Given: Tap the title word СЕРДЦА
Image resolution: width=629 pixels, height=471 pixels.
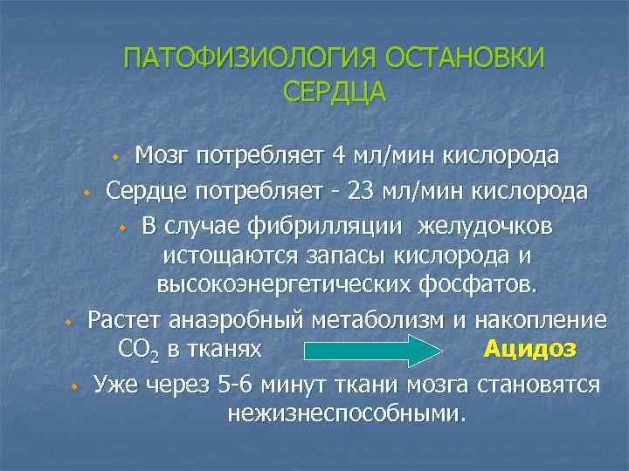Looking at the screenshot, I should pos(335,92).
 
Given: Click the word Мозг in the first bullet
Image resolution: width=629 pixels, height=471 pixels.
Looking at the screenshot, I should pos(162,156).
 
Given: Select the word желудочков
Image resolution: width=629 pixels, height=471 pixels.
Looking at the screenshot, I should pos(485,226).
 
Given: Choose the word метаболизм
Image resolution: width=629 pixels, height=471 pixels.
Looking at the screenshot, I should pos(375,319).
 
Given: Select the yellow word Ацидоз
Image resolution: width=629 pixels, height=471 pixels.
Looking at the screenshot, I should pos(530,349).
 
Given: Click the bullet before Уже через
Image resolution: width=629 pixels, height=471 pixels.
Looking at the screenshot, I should pos(75,386).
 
